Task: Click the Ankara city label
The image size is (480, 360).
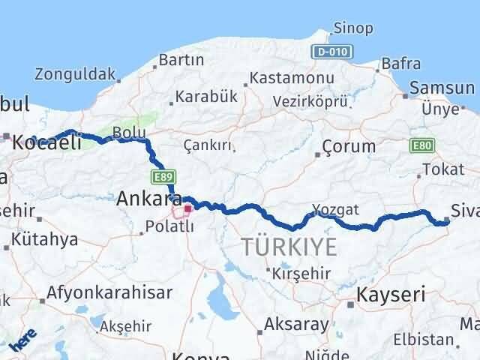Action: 141,199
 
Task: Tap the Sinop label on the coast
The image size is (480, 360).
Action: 351,28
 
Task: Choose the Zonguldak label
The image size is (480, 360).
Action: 75,74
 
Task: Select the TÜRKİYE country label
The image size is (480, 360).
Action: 289,246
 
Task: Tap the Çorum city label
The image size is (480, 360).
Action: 349,145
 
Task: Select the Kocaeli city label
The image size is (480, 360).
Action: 46,142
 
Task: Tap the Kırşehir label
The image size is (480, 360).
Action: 301,273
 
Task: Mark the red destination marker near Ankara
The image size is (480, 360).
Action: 187,208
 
